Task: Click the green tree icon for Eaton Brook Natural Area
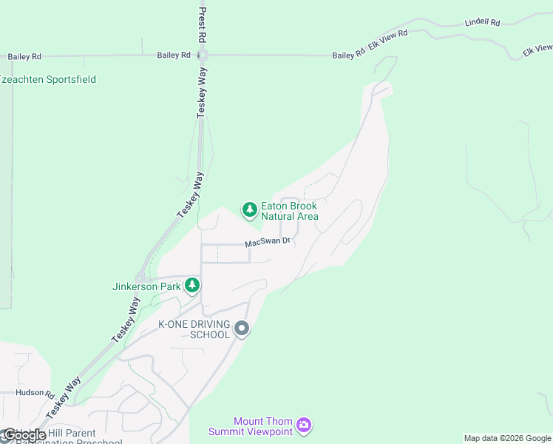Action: (x=250, y=210)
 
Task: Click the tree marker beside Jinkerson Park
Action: (x=192, y=285)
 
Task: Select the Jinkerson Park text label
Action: (x=146, y=286)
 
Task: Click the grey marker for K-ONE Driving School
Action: (x=241, y=329)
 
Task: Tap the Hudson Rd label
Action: (x=35, y=394)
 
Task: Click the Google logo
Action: (x=24, y=435)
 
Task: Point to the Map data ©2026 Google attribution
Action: (x=507, y=438)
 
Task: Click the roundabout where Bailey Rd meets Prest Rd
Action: (x=203, y=55)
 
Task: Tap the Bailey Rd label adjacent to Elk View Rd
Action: (x=348, y=55)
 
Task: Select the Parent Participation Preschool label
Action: (x=70, y=438)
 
